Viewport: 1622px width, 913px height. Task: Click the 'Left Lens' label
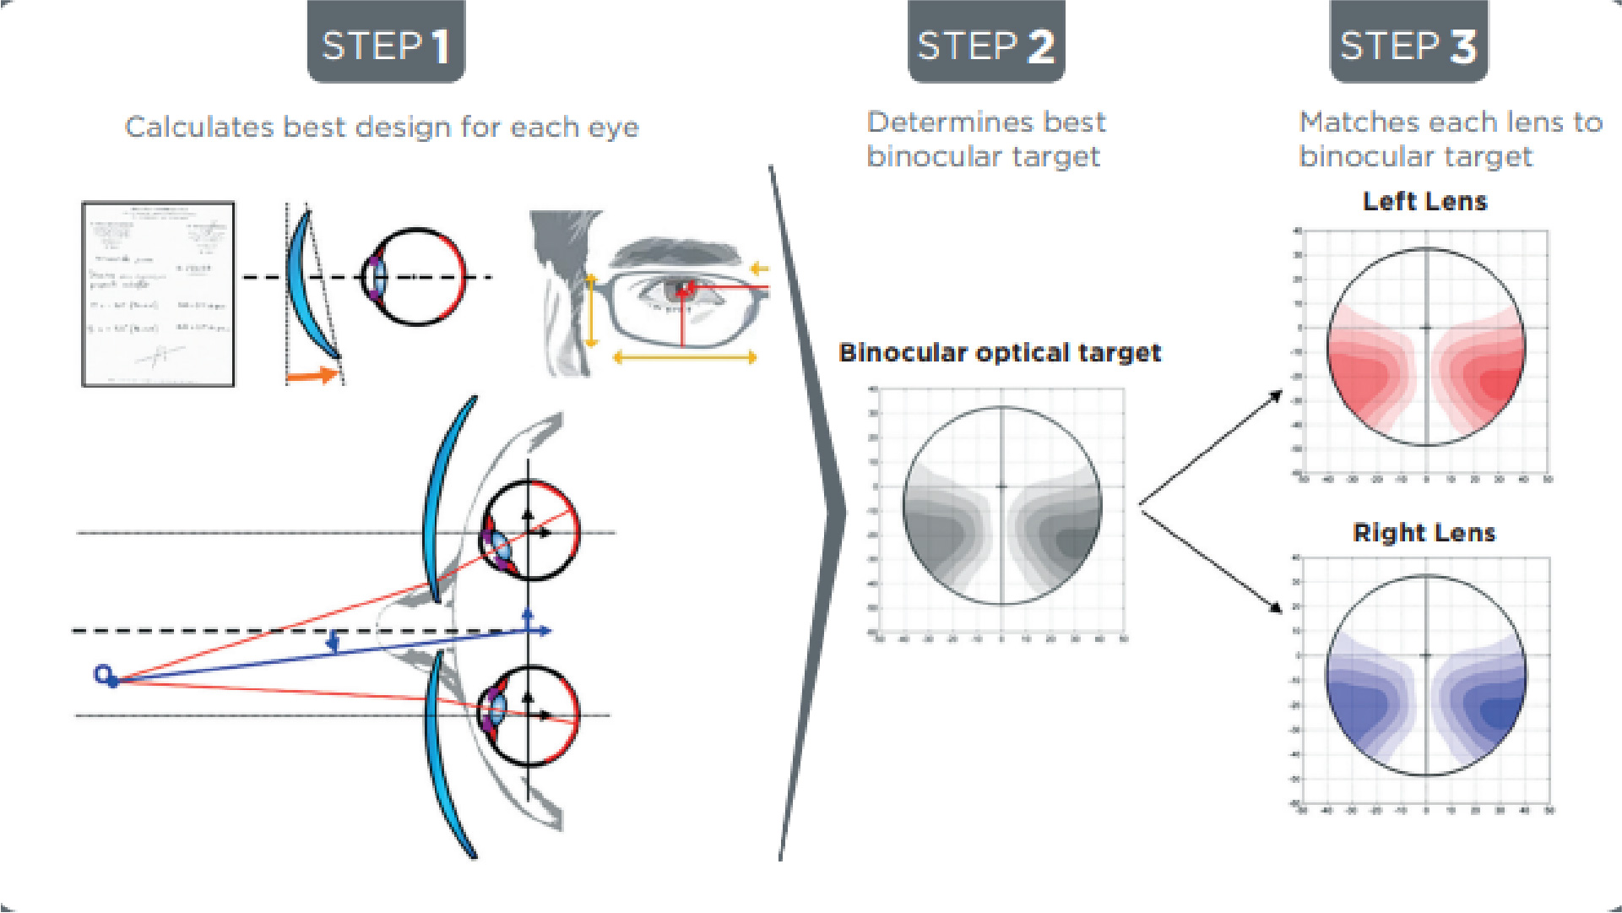1424,202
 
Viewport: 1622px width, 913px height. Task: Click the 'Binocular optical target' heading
1000,353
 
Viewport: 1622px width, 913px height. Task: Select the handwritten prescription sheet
158,294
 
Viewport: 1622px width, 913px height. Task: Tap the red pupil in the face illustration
683,291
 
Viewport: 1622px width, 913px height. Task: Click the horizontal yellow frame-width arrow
684,358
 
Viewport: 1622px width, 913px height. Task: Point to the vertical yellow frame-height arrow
591,310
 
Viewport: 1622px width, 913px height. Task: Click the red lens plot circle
1426,346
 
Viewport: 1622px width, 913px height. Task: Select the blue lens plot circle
1426,675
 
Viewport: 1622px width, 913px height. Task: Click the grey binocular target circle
1002,506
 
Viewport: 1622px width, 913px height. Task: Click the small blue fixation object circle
103,674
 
